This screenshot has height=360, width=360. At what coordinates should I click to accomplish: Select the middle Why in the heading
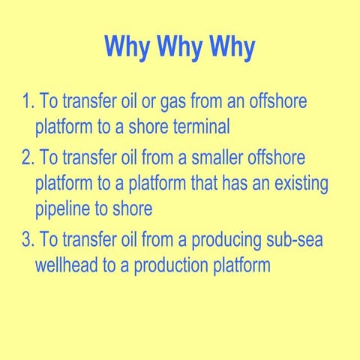(x=180, y=47)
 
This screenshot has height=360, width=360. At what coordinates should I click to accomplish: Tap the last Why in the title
(x=231, y=47)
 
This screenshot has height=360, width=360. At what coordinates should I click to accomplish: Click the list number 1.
(x=27, y=101)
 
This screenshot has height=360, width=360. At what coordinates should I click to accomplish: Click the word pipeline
(x=64, y=208)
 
